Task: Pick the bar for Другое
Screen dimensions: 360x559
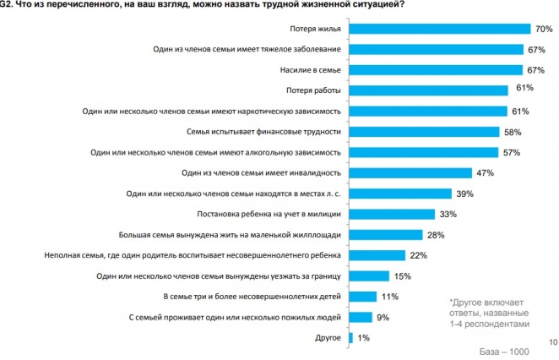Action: (x=350, y=338)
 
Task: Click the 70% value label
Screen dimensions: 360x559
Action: (x=545, y=30)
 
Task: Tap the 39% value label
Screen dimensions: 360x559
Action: (x=464, y=194)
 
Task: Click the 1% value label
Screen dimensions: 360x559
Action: (x=363, y=338)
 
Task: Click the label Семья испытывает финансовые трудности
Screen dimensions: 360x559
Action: (x=263, y=133)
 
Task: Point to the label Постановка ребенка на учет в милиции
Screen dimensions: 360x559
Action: (x=268, y=215)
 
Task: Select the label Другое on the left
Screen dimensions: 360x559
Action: (x=326, y=338)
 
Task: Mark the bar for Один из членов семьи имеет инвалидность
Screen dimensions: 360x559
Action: (x=410, y=173)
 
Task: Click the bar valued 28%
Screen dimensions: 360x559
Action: (x=386, y=235)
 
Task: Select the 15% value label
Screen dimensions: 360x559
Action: (x=402, y=276)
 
